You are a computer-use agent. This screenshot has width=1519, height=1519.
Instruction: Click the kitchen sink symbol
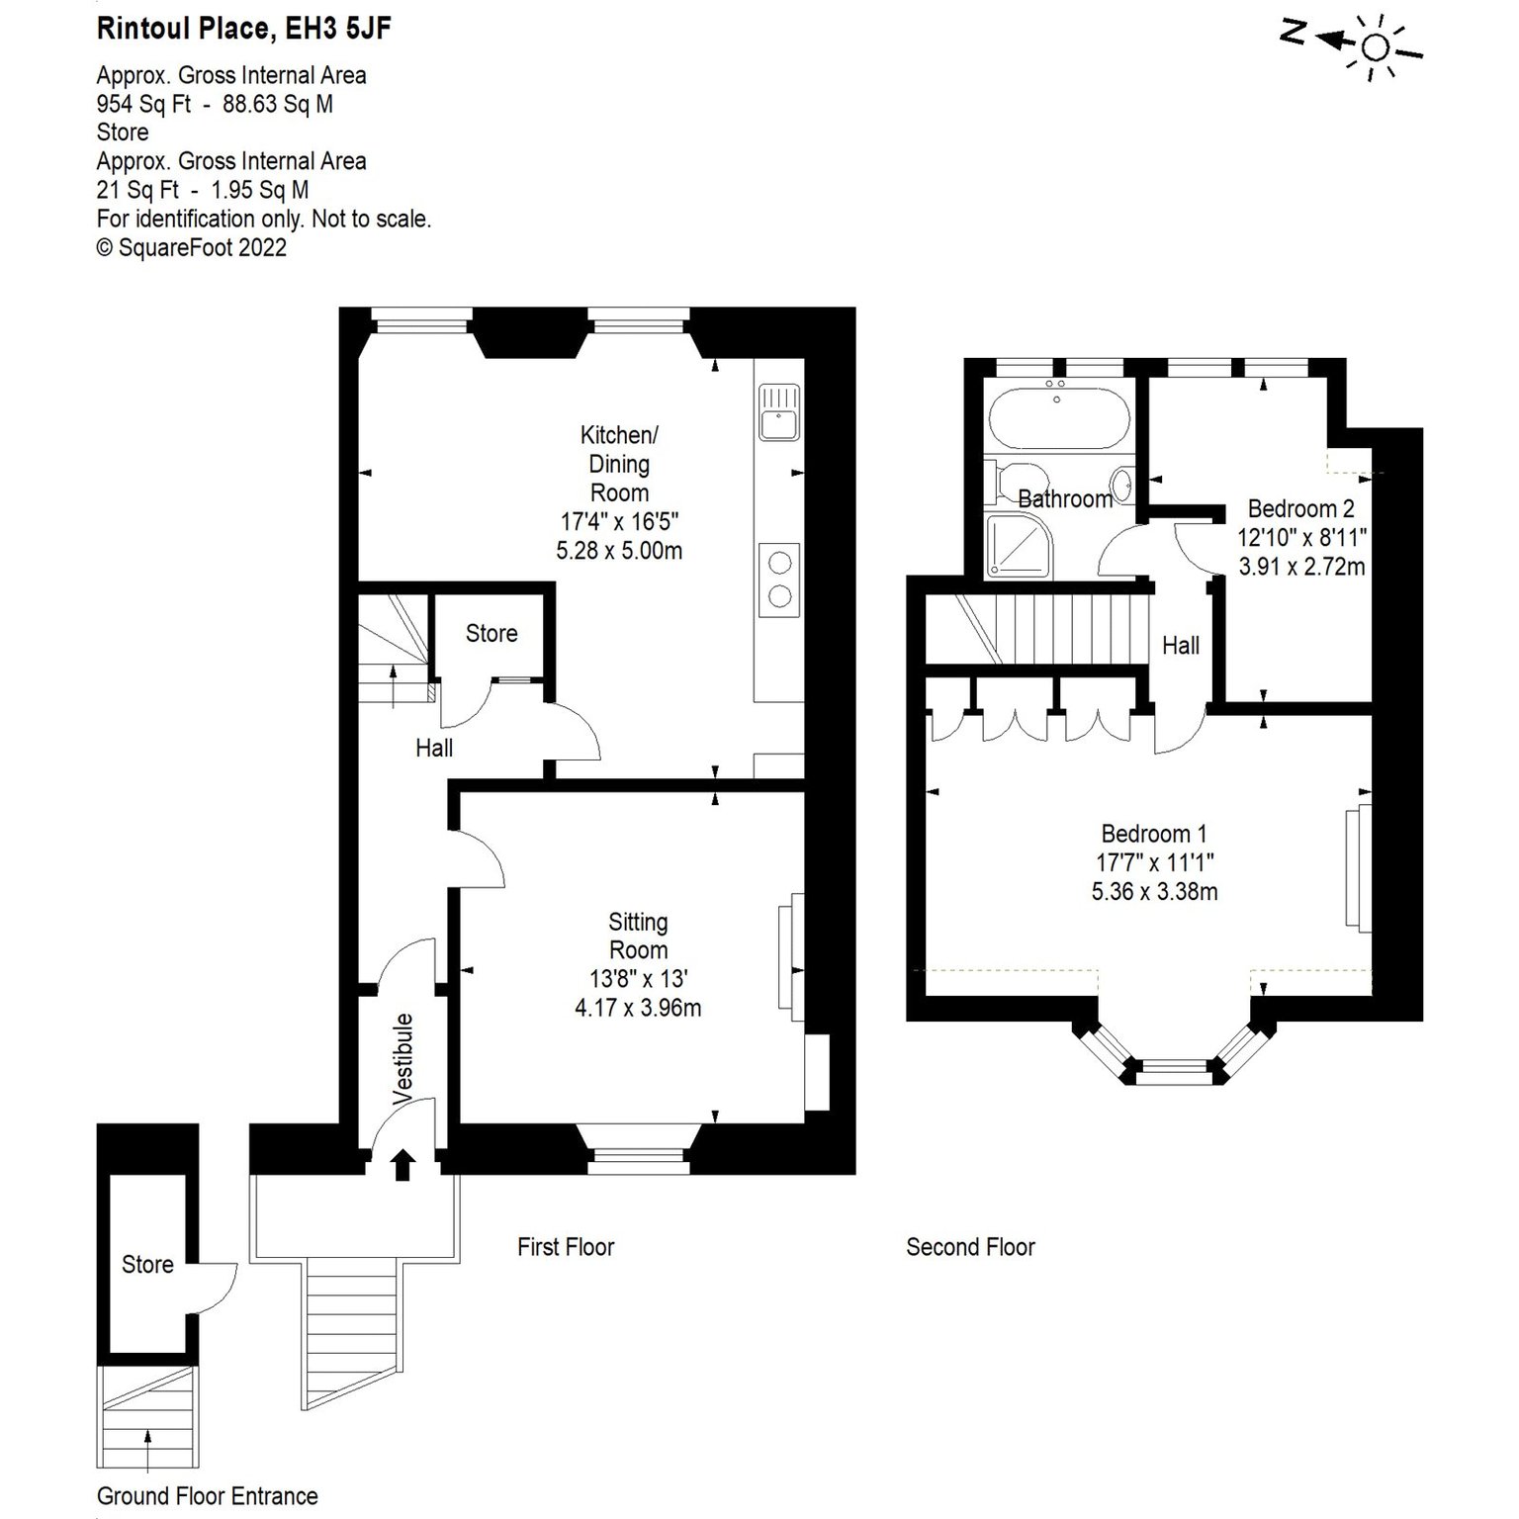pos(779,412)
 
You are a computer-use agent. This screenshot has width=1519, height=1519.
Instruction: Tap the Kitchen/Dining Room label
pos(619,464)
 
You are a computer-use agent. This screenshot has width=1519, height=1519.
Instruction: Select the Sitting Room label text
pos(638,936)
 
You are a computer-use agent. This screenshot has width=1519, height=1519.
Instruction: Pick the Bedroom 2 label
pos(1300,508)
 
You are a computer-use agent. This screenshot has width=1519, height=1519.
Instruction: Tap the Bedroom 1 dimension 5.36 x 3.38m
pos(1154,891)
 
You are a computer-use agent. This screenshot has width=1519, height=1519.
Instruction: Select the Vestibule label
pos(402,1058)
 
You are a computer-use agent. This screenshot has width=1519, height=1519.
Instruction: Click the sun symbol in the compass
pos(1376,46)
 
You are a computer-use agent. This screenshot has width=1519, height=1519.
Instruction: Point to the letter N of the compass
pos(1292,33)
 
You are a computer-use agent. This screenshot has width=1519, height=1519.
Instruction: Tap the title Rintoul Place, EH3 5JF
pos(243,29)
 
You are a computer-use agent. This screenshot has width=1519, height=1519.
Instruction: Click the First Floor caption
pos(566,1247)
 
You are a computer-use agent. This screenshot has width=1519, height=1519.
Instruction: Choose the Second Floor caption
pos(970,1247)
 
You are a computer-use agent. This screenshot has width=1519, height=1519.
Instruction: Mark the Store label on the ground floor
pos(147,1264)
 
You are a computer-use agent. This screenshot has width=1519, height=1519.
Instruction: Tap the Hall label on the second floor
pos(1181,646)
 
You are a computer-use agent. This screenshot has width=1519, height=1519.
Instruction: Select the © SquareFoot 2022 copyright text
pos(192,247)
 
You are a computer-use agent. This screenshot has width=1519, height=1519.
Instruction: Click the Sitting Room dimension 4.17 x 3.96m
pos(638,1009)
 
